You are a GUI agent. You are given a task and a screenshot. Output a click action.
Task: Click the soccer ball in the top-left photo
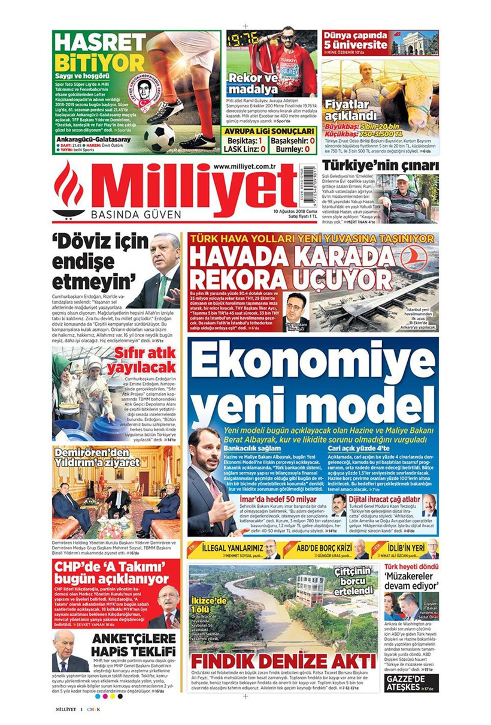159,137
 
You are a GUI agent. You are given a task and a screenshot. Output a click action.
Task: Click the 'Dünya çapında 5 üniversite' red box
355,40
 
